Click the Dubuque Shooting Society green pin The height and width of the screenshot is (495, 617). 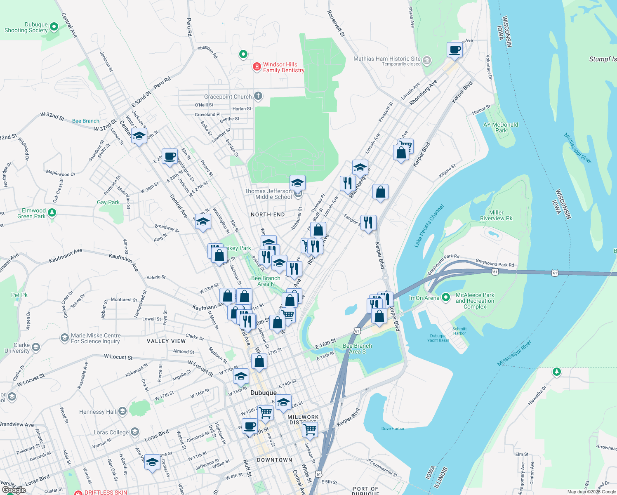(x=54, y=27)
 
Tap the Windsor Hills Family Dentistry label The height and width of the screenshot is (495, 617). (x=283, y=67)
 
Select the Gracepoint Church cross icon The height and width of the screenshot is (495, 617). (x=258, y=97)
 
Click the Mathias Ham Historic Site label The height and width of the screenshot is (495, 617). (x=387, y=59)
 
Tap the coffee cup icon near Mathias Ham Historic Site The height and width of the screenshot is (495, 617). (x=455, y=50)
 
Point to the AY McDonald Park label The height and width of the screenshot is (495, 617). (x=501, y=127)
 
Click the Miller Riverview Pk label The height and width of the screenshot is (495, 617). (x=496, y=215)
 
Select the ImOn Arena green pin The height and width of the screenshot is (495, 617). (x=445, y=297)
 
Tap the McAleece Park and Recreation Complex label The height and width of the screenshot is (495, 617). (x=475, y=301)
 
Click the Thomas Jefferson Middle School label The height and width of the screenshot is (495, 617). (x=268, y=194)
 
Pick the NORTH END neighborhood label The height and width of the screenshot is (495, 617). (x=268, y=214)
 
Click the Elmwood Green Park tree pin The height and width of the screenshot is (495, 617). (x=52, y=212)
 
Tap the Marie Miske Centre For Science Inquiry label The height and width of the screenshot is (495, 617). (x=96, y=338)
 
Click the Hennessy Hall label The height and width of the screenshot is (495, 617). (x=98, y=412)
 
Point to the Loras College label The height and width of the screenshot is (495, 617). (x=111, y=432)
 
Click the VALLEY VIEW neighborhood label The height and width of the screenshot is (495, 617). (x=166, y=341)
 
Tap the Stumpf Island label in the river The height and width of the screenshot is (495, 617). (x=603, y=59)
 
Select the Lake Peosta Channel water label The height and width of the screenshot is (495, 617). (x=429, y=226)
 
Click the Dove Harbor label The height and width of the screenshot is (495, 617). (x=393, y=429)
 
